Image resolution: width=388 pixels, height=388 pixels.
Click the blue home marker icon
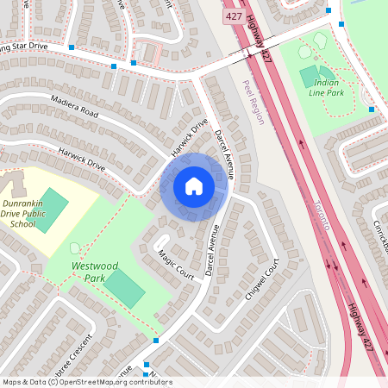[194, 186]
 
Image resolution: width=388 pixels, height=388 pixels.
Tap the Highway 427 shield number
[233, 16]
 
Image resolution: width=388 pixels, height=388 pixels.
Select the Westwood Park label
[95, 272]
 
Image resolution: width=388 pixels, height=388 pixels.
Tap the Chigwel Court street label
[265, 281]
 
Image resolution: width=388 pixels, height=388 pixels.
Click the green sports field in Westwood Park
[126, 289]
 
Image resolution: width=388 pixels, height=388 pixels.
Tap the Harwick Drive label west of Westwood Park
[80, 159]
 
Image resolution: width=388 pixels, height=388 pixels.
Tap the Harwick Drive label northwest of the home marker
[190, 138]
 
